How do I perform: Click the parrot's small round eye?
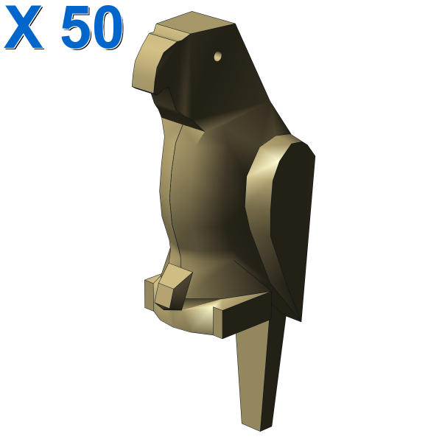pyautogui.click(x=217, y=56)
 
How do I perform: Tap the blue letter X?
pyautogui.click(x=24, y=27)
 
